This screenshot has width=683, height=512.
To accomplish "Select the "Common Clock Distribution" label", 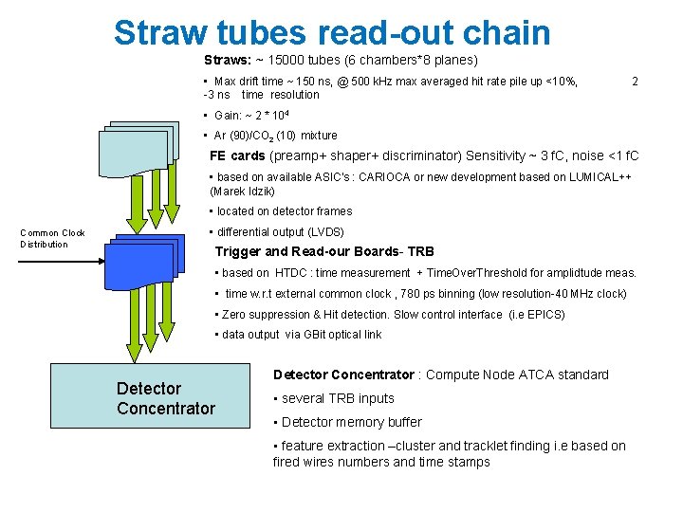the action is tap(52, 238).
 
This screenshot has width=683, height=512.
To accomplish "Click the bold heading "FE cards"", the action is tap(237, 155).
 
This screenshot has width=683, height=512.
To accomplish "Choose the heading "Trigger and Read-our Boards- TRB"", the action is tap(324, 251).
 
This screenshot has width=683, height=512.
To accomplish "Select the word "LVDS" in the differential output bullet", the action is tap(324, 231).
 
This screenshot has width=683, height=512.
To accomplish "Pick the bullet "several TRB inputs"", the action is tap(334, 398).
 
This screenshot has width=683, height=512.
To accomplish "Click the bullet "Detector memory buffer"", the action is tap(347, 422).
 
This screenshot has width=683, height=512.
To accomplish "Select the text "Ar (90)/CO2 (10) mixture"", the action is tap(275, 136).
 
